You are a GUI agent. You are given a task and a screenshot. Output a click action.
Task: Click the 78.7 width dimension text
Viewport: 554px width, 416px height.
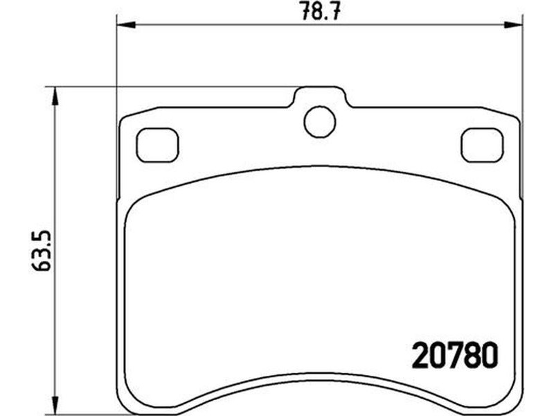click(x=321, y=12)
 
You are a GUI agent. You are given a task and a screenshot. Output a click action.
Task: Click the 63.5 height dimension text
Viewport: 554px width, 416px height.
click(x=41, y=251)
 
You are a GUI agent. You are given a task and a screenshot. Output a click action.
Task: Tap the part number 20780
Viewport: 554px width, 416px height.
click(x=455, y=354)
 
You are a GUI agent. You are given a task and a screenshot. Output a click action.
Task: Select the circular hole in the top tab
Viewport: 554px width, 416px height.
click(x=319, y=122)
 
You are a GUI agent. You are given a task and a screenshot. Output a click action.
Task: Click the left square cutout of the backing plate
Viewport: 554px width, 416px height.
click(x=157, y=145)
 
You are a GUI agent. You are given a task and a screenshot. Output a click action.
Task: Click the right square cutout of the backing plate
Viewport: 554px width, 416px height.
click(x=482, y=145)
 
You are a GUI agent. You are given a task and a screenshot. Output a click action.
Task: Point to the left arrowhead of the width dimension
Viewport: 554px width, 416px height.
click(x=126, y=25)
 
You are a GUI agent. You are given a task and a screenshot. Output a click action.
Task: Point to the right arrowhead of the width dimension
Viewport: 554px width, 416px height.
click(x=513, y=25)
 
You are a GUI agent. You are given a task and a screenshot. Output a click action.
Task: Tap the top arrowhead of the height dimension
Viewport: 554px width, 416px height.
click(x=54, y=96)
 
